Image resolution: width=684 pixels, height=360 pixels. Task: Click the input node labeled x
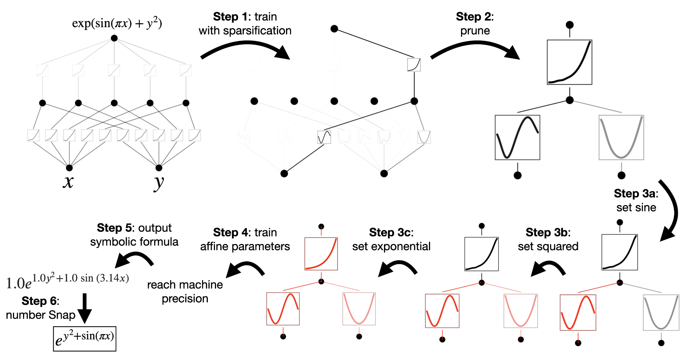(x=69, y=168)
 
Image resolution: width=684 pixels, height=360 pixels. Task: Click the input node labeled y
(x=159, y=168)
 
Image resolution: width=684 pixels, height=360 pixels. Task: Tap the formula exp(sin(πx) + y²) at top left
(x=117, y=23)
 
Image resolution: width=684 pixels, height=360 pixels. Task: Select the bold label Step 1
(x=230, y=17)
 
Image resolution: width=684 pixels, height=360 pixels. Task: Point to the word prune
(x=475, y=31)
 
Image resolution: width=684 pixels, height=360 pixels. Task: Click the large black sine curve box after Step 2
(x=517, y=137)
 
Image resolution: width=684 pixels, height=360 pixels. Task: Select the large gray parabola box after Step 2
(x=621, y=137)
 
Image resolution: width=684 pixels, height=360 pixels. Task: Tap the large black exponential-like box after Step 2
(x=569, y=62)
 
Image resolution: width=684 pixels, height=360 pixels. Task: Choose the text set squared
(x=548, y=246)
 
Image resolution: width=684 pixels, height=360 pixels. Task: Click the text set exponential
(x=391, y=246)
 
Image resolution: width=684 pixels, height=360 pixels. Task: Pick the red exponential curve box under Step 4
(x=321, y=253)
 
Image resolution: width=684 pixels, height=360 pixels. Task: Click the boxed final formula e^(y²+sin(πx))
(x=85, y=338)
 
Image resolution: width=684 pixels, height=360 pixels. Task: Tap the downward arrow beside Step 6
(x=85, y=308)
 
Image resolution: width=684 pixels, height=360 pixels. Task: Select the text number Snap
(x=40, y=315)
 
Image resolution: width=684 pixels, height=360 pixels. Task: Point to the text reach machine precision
(x=185, y=292)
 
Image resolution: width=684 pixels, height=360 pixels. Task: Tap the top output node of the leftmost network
(x=114, y=38)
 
